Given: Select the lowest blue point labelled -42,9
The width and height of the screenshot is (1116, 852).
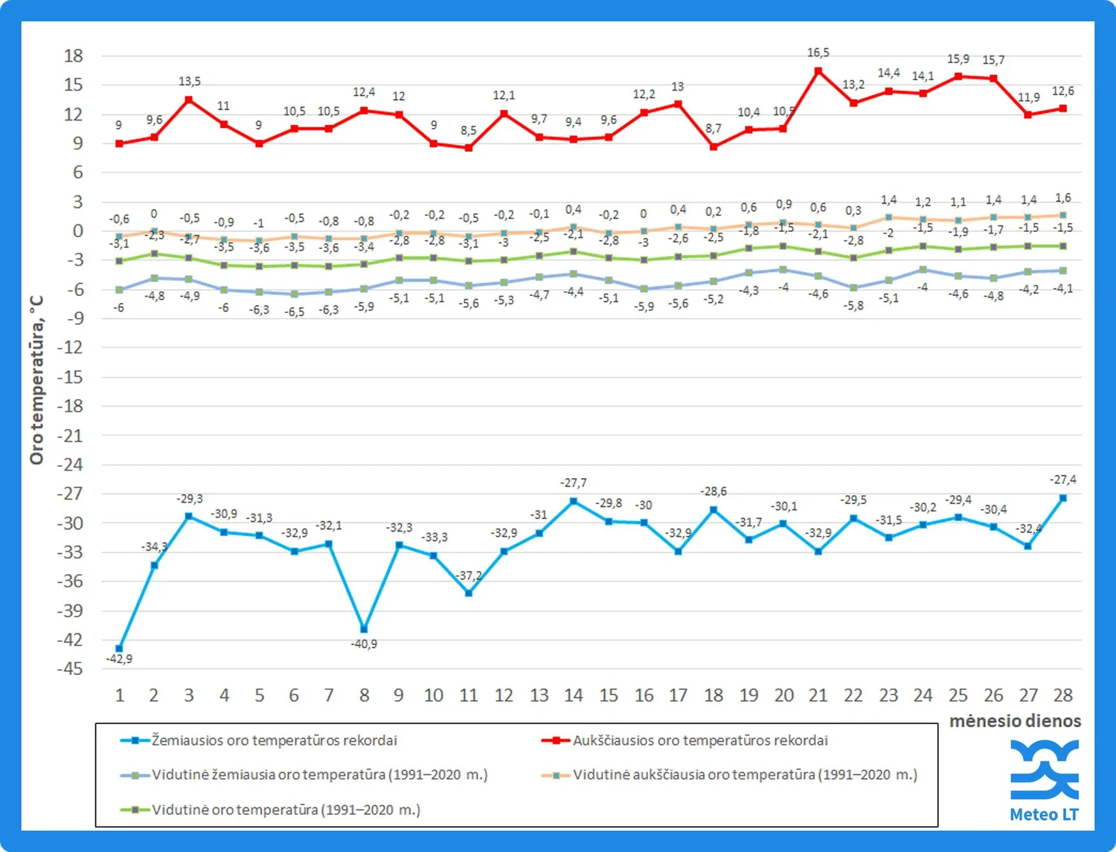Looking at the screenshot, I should pos(119,648).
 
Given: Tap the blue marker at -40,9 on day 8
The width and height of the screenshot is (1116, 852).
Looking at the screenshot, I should pos(364,629).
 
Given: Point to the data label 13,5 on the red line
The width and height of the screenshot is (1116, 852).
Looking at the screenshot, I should pos(190,81).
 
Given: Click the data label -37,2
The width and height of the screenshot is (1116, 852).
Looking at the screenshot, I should pos(469,575).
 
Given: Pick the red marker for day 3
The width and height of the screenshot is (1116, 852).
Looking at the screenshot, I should pos(189,100).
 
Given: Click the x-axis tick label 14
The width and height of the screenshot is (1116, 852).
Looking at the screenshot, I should pos(574,695).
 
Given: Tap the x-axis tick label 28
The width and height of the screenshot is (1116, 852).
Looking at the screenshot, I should pos(1062,695).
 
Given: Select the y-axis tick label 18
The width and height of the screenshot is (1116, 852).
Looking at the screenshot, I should pos(73,56).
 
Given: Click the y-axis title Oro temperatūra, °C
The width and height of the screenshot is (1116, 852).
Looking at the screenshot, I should pos(36,380).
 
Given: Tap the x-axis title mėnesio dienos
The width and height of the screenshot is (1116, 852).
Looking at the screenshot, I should pos(1015,720).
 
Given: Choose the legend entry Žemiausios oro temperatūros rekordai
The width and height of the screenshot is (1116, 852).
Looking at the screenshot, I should pos(274,740).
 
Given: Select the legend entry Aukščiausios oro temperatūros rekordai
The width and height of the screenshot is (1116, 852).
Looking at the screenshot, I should pos(699,740).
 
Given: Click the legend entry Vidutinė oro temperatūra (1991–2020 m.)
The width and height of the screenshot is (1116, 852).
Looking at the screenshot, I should pos(286,810).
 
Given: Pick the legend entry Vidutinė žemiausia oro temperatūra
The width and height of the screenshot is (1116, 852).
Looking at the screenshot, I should pos(320,775).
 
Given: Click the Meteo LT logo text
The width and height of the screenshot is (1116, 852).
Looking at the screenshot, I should pos(1043,814).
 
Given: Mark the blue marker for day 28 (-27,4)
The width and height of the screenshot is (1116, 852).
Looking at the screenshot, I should pos(1063,498).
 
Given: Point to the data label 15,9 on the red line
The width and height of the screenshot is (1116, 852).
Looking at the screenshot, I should pos(958,59).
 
